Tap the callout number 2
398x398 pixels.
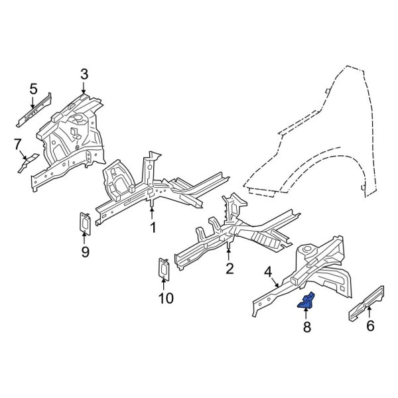coord(230,268)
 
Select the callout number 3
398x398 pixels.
coord(84,74)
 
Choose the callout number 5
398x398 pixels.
coord(33,88)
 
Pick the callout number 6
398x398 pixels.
coord(369,325)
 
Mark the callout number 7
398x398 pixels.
coord(19,143)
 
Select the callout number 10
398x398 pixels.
coord(166,298)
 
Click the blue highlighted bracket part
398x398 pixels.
coord(306,302)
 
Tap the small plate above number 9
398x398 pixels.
coord(86,223)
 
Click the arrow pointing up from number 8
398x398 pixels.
coord(305,314)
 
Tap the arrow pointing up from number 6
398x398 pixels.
coord(369,312)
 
